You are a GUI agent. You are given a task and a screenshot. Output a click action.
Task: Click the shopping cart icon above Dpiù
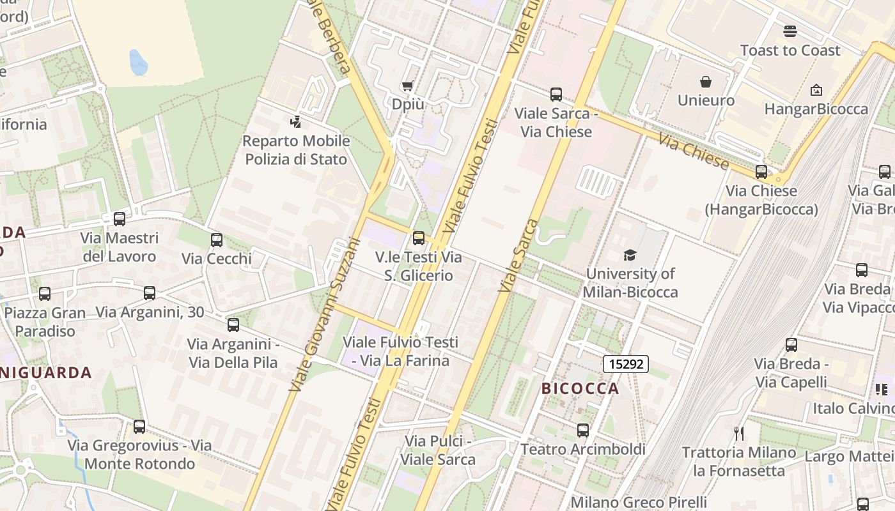[x=407, y=86]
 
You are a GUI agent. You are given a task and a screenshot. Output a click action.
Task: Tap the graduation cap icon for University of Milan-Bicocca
[x=630, y=256]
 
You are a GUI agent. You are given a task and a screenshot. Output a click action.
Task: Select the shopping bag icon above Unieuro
[x=706, y=82]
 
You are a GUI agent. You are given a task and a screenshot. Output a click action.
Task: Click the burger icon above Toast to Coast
[x=790, y=31]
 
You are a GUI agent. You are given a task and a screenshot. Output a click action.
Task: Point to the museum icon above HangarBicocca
[x=816, y=91]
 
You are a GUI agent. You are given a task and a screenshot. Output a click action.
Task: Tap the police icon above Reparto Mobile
[x=295, y=121]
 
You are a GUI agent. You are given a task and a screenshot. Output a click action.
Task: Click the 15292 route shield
[x=626, y=364]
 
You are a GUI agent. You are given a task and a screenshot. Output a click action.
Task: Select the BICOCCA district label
[x=580, y=388]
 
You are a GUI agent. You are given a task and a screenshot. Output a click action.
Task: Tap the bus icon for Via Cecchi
[x=217, y=240]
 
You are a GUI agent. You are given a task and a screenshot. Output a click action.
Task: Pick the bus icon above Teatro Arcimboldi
[x=582, y=431]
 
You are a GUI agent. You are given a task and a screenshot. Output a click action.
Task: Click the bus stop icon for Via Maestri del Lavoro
[x=120, y=219]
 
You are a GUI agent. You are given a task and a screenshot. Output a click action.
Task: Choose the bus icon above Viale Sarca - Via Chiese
[x=556, y=95]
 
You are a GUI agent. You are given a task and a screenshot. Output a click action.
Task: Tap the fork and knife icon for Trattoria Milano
[x=739, y=434]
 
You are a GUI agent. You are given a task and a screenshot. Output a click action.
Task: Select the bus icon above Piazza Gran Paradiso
[x=44, y=294]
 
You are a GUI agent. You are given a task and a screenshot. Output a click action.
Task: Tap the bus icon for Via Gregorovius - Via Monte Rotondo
[x=139, y=427]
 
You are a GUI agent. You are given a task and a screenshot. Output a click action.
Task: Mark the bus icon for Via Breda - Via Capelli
[x=791, y=345]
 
